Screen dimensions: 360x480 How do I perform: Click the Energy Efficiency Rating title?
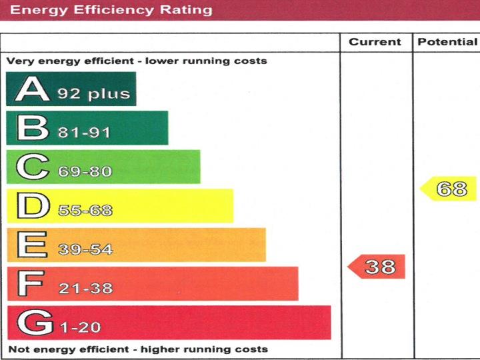tap(112, 10)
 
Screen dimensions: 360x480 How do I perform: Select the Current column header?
tap(375, 42)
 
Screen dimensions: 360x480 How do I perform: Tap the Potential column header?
tap(447, 42)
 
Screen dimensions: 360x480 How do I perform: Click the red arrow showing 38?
tap(377, 267)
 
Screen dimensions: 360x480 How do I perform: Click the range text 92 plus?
tap(93, 94)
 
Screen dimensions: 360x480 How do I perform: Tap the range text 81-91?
tap(84, 133)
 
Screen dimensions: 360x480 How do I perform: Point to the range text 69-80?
tap(85, 172)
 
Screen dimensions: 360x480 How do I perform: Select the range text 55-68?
tap(85, 211)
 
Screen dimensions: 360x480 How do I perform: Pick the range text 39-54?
tap(85, 250)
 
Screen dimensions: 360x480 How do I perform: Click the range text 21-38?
tap(85, 289)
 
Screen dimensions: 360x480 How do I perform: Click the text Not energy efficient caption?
tap(137, 349)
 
